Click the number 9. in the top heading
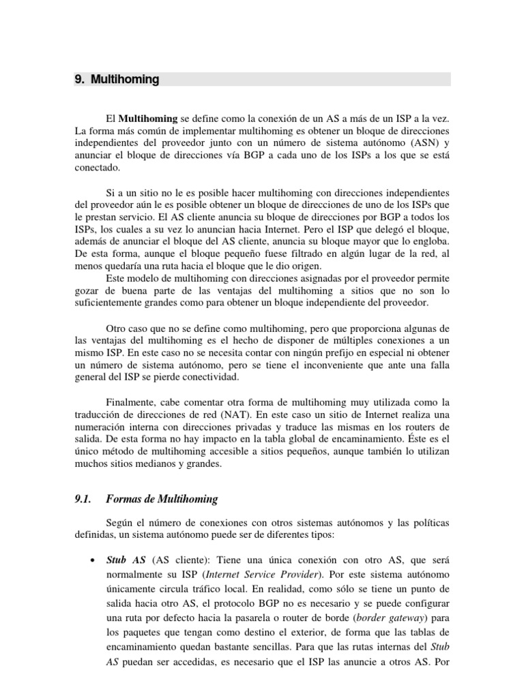[x=79, y=80]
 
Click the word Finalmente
[x=136, y=401]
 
